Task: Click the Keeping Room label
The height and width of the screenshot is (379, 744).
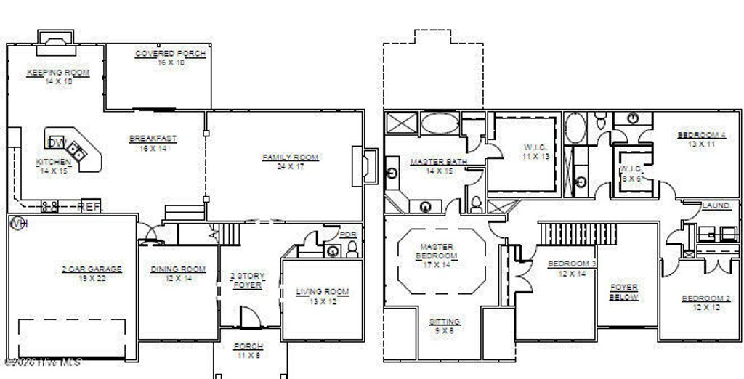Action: pos(58,73)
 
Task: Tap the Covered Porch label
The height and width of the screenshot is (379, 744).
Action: pos(171,54)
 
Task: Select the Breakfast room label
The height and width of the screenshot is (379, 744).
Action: pos(153,139)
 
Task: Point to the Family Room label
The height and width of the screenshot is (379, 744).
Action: pos(291,158)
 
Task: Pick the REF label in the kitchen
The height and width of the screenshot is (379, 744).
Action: pos(90,207)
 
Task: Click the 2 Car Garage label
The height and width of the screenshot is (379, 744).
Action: pos(92,269)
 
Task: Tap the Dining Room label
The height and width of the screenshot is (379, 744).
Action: pos(178,269)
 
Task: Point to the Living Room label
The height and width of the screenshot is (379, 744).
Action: pos(323,292)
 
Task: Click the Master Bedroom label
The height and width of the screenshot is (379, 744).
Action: pos(437,251)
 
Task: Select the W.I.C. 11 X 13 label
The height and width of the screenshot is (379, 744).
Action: pos(535,147)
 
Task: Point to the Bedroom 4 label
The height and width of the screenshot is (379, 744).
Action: pos(701,135)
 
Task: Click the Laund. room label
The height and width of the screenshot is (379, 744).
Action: pos(716,206)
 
